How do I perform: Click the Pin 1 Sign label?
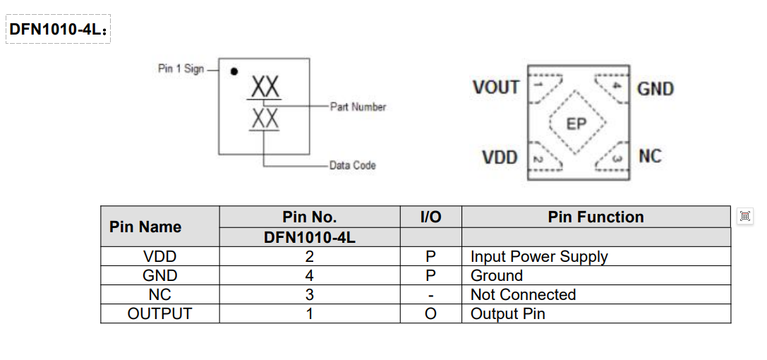tap(181, 69)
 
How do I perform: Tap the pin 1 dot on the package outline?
tap(234, 71)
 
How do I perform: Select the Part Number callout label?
tap(358, 107)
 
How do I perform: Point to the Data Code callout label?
tap(352, 165)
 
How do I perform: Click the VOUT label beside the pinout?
tap(496, 88)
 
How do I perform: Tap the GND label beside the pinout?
tap(656, 89)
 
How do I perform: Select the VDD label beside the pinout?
tap(500, 157)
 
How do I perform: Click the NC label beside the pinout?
tap(650, 156)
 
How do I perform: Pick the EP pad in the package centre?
tap(576, 124)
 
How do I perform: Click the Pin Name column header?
tap(145, 227)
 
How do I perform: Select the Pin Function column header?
tap(596, 217)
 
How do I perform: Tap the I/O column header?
tap(430, 217)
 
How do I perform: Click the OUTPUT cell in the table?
tap(159, 313)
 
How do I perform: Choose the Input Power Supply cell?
tap(539, 256)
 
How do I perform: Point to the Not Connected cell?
tap(523, 294)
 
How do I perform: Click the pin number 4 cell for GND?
tap(309, 275)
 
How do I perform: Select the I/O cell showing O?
tap(430, 313)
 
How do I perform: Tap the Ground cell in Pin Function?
tap(497, 275)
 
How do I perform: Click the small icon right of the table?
tap(744, 217)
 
